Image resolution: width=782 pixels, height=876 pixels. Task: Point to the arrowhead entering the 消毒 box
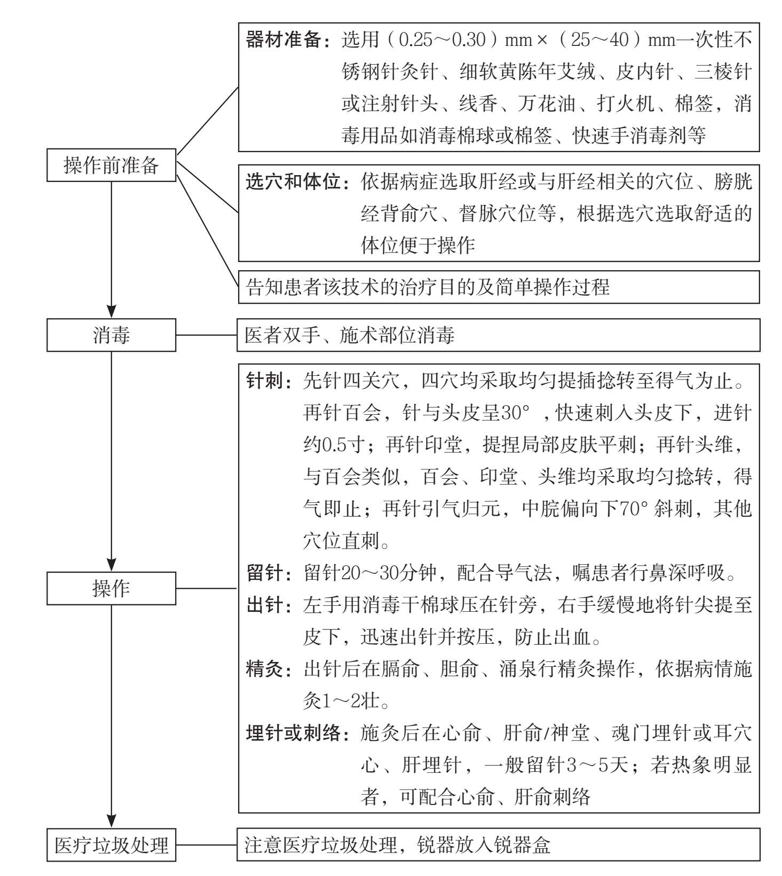click(x=111, y=312)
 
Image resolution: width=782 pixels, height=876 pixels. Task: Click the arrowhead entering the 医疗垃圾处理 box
click(x=111, y=822)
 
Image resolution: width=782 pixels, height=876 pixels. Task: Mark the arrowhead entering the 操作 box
click(x=111, y=565)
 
